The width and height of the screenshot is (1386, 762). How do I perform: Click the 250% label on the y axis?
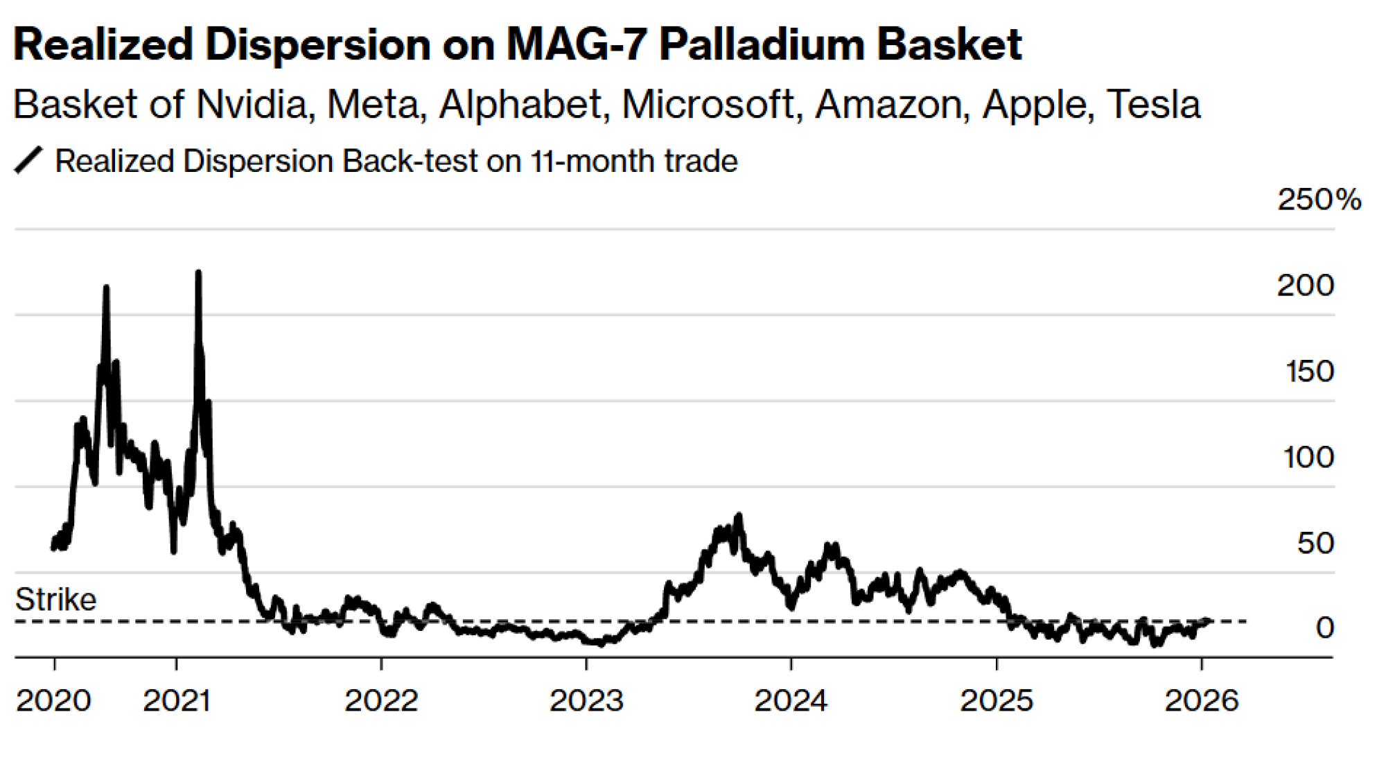coord(1319,200)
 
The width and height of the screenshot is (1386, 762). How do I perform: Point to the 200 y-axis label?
coord(1306,286)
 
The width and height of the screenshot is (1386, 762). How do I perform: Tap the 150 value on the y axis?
coord(1310,372)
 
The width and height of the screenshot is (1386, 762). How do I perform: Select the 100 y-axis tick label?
coord(1308,458)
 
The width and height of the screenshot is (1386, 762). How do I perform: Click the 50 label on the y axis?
coord(1315,544)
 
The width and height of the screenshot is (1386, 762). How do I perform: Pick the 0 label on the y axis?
coord(1324,627)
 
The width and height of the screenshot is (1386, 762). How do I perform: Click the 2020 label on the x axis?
coord(53,700)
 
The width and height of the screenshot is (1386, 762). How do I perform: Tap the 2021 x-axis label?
coord(177,700)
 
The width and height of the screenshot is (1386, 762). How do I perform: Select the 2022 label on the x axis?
coord(381,700)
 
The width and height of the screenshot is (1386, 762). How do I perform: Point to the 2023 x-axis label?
coord(586,700)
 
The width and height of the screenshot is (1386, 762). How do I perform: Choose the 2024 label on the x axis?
coord(791,700)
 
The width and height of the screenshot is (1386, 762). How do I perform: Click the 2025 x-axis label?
coord(997,700)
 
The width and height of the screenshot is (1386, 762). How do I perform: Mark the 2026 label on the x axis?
coord(1201,700)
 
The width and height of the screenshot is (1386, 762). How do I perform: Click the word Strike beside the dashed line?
coord(55,600)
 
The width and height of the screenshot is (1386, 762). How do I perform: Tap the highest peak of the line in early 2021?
coord(198,272)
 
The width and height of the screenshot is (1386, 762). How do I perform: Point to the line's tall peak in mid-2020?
coord(106,287)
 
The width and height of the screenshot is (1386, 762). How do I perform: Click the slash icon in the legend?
coord(28,161)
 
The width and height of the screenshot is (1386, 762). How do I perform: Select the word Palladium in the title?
coord(761,45)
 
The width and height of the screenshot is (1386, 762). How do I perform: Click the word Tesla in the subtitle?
coord(1153,105)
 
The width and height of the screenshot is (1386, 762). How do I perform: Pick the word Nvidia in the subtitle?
coord(251,105)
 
